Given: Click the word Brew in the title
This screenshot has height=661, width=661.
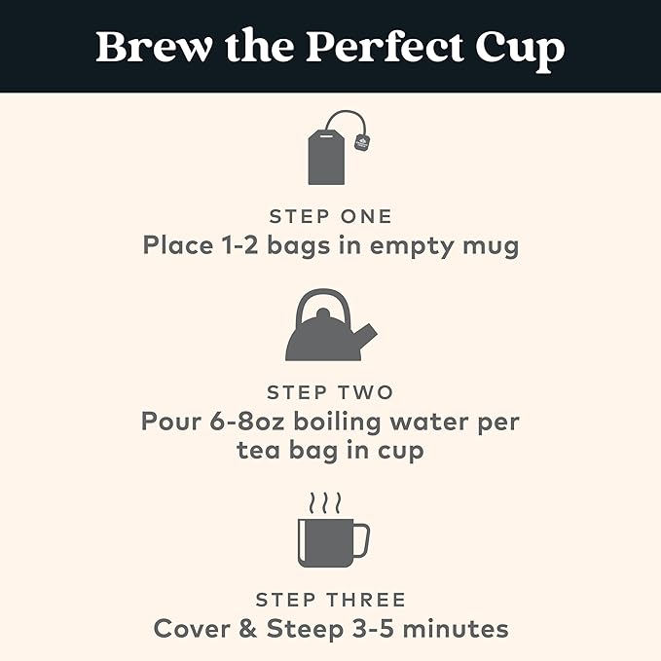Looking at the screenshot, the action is point(154,47).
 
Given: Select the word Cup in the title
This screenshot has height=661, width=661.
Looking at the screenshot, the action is point(520,51).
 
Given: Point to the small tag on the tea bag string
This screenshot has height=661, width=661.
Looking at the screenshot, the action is point(362,142).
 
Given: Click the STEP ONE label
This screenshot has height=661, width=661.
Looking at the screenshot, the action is point(331,217).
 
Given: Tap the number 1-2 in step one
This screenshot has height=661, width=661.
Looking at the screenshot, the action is point(239,245).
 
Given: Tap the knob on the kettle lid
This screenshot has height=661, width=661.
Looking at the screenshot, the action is point(323,313).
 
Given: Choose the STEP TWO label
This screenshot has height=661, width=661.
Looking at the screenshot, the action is point(330,392).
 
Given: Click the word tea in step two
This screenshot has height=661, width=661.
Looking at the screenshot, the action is point(258,451).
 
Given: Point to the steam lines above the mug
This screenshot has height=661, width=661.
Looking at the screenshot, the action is point(324,503).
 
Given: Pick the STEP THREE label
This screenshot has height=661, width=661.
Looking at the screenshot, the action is point(331,600).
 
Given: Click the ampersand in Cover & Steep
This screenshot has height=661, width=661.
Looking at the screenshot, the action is point(248,629).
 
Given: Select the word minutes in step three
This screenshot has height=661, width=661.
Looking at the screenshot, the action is point(456,629).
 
